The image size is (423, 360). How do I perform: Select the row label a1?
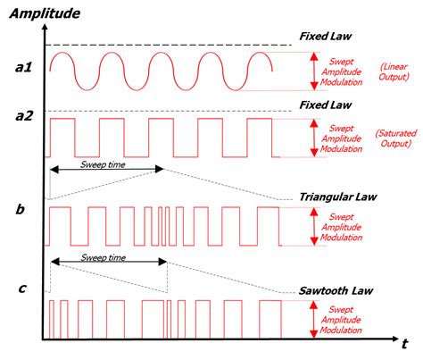click(23, 67)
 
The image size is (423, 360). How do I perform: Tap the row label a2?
click(23, 114)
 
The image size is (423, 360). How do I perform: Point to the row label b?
click(21, 210)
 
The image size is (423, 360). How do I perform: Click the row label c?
click(21, 288)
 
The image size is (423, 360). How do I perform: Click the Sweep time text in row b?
click(104, 164)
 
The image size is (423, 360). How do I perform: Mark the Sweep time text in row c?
click(104, 256)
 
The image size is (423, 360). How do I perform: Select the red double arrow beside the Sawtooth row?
click(313, 318)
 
